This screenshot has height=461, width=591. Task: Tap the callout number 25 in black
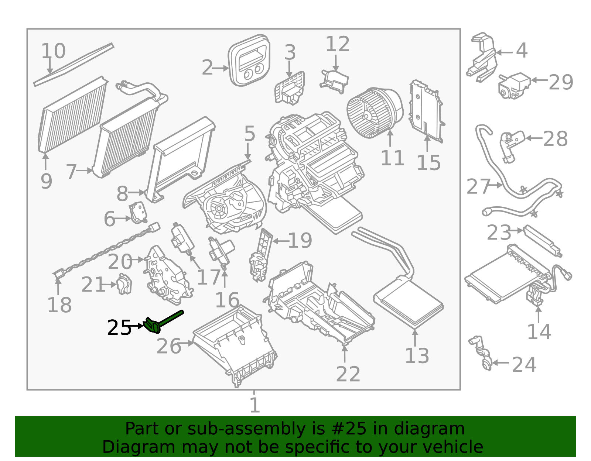click(x=119, y=328)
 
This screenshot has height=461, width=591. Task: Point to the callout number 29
click(x=560, y=82)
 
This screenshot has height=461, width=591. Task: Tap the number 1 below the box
click(x=254, y=405)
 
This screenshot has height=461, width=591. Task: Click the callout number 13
click(x=417, y=356)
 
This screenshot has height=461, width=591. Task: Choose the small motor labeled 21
click(x=124, y=284)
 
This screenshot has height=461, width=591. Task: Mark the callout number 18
click(x=59, y=305)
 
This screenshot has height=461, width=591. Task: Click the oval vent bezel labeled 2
click(x=249, y=61)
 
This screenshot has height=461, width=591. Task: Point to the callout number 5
click(x=250, y=134)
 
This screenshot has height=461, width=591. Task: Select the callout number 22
click(x=348, y=374)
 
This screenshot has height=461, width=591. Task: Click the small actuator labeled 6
click(x=137, y=213)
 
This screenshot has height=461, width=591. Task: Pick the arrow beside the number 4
click(x=504, y=52)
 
